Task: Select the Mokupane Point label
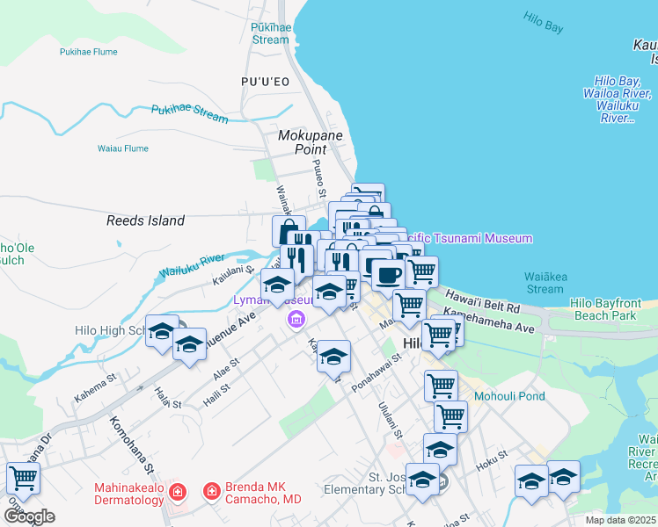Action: point(315,142)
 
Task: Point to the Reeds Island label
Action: point(146,220)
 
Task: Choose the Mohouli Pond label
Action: point(509,396)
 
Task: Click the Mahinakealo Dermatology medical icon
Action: point(177,491)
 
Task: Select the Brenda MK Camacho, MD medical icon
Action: point(211,491)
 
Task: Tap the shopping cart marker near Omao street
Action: point(23,478)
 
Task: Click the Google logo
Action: point(29,516)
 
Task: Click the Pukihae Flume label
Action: point(88,52)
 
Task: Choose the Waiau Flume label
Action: point(122,148)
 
